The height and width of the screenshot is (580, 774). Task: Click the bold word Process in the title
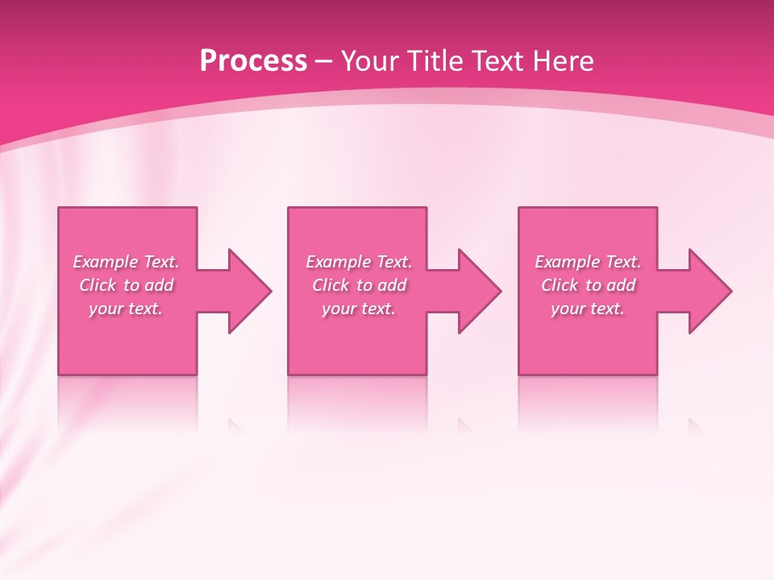click(253, 61)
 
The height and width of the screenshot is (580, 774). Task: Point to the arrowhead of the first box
click(250, 291)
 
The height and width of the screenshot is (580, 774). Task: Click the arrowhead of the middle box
click(481, 291)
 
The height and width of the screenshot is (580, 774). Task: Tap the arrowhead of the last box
click(710, 291)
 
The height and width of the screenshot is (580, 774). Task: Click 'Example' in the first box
click(106, 262)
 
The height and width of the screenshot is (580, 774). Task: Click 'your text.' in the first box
click(126, 309)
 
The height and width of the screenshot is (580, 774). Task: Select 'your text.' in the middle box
click(359, 309)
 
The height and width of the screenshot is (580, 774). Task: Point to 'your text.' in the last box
click(588, 309)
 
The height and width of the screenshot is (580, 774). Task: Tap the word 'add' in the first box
click(159, 285)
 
